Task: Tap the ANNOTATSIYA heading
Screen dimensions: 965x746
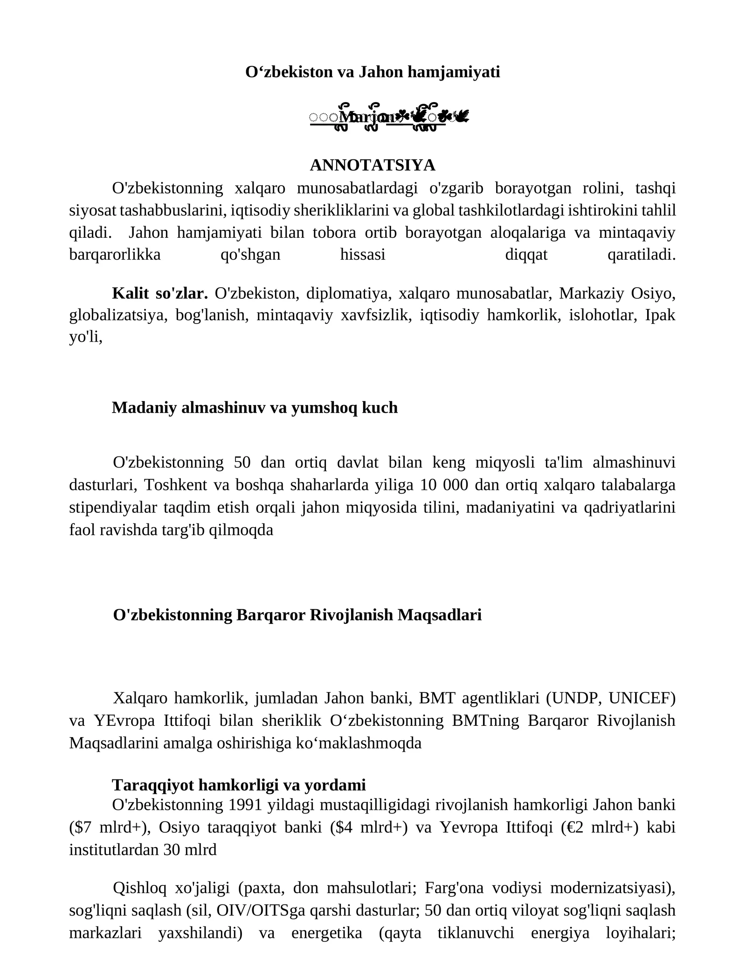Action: point(373,165)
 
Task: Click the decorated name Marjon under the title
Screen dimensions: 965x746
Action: point(368,117)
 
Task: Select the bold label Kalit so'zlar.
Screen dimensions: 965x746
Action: point(159,294)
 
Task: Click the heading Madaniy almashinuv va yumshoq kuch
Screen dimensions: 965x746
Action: point(255,408)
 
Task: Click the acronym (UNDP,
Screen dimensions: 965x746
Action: point(573,698)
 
